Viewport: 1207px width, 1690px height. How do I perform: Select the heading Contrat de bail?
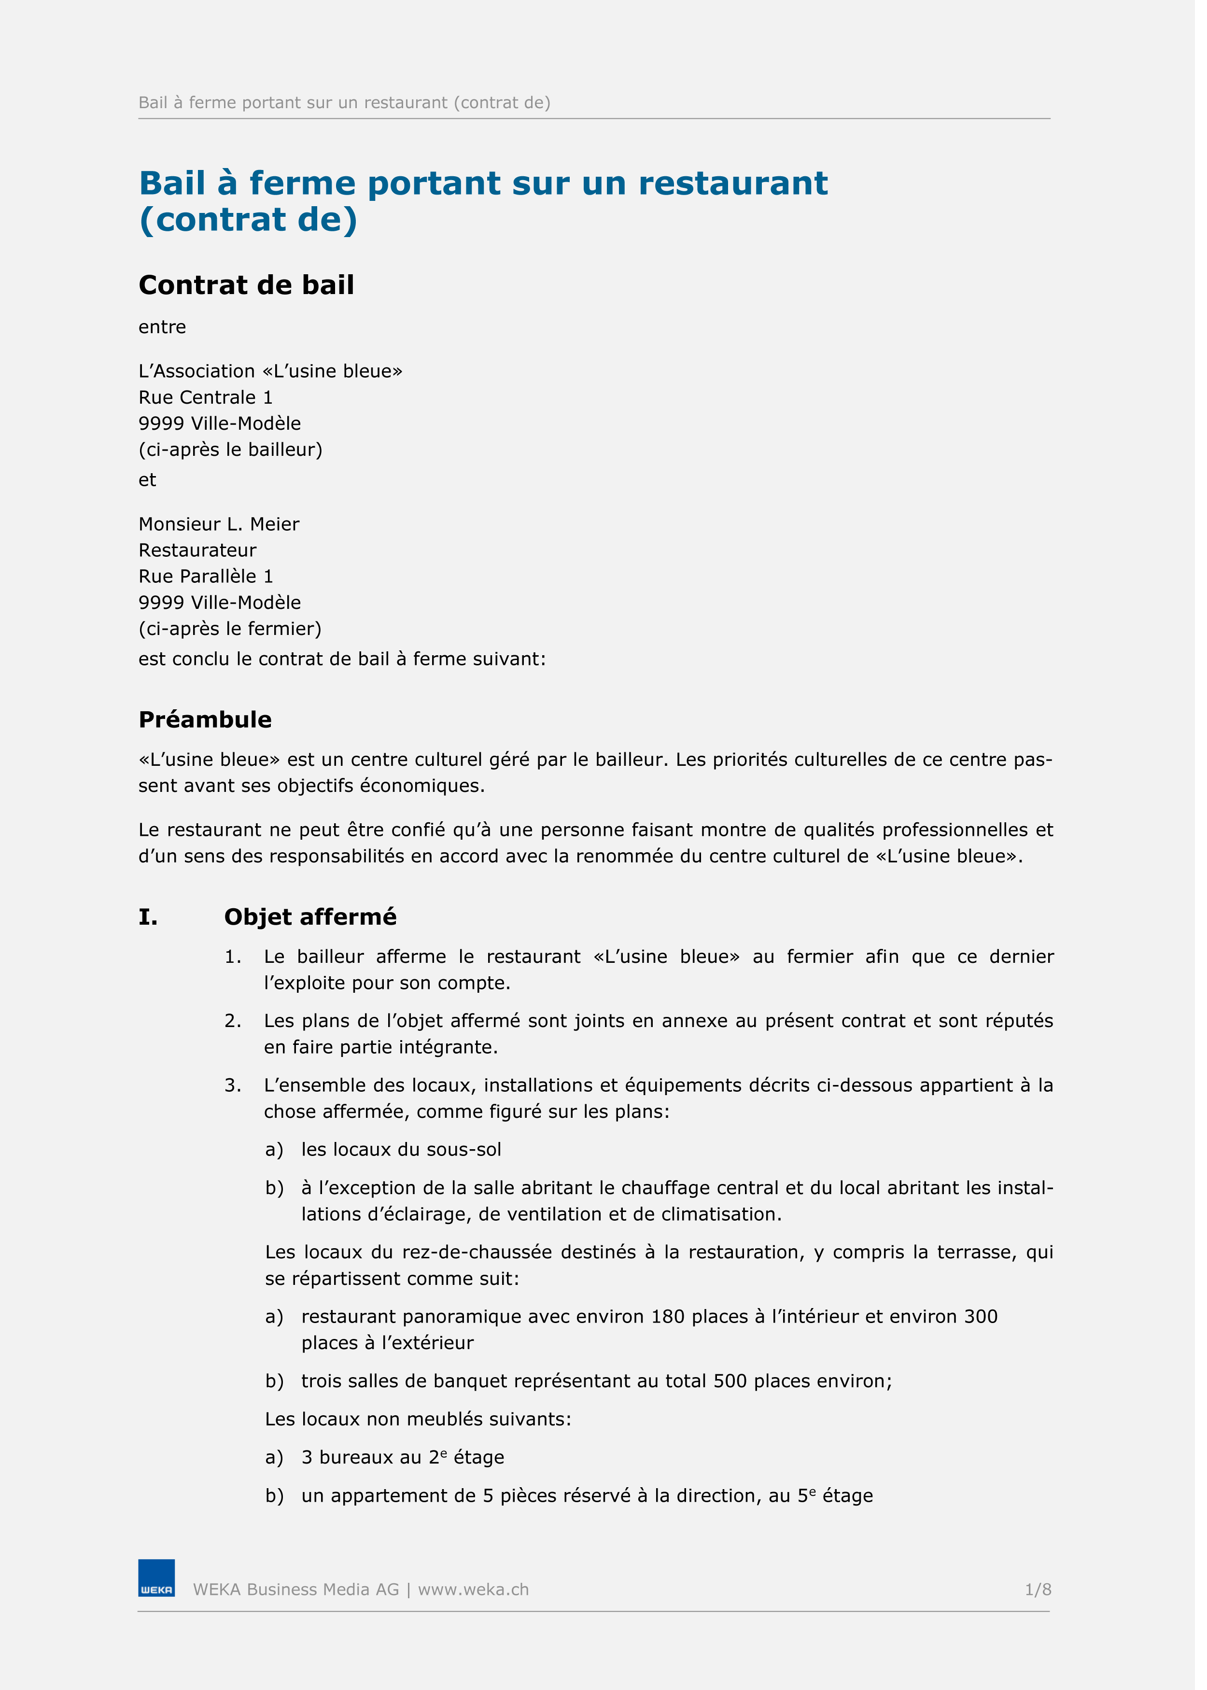248,285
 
